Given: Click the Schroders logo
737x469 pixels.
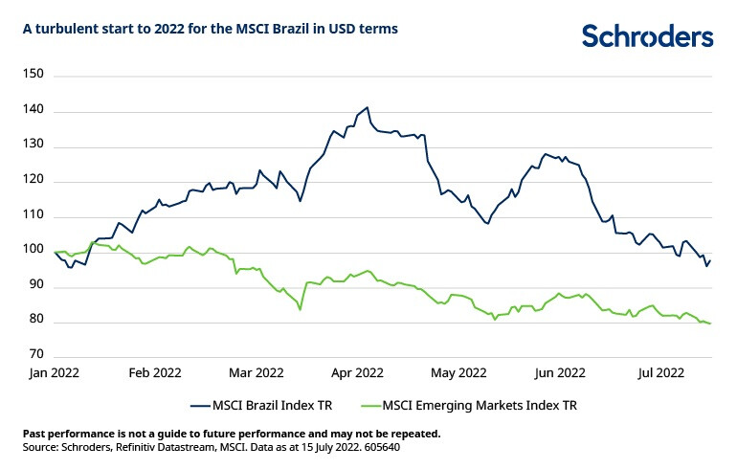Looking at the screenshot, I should point(648,35).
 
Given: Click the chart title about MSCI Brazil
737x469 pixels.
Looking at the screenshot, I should point(211,29).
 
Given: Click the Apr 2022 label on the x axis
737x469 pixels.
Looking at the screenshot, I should point(357,372).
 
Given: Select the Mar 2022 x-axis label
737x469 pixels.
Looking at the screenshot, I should point(257,372).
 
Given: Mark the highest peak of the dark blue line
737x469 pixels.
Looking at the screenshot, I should point(368,107).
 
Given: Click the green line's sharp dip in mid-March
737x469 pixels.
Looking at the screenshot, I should point(301,309).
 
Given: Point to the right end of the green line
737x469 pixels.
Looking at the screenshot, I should point(710,324).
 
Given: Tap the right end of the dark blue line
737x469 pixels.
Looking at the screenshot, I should point(710,260).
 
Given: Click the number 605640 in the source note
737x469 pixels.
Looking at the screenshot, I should point(411,447).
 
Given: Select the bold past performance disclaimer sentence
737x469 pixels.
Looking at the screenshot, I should point(231,434).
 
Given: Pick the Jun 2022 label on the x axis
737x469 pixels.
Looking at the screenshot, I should point(559,372).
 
